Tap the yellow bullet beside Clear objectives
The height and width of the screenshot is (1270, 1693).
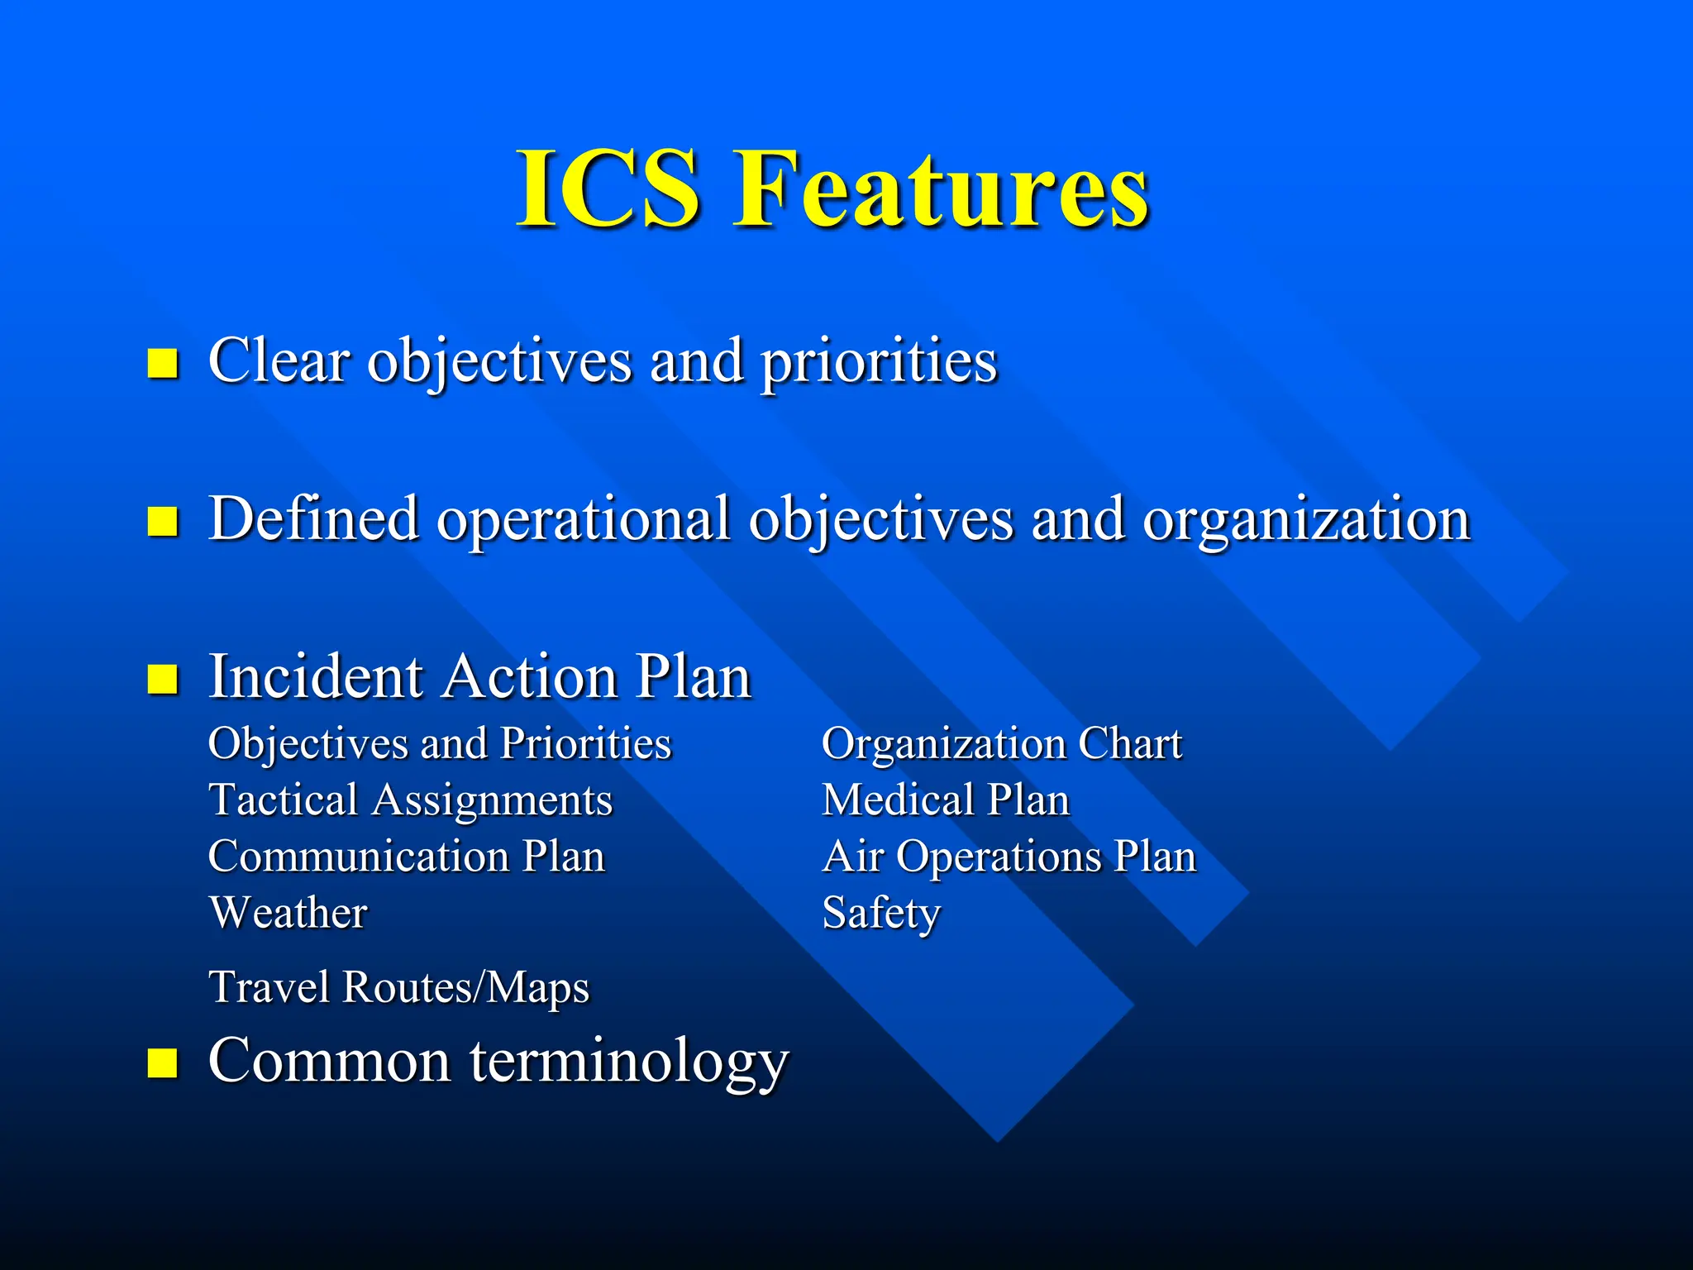(163, 362)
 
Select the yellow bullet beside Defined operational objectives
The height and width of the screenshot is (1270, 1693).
(163, 521)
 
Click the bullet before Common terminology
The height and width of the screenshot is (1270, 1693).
(163, 1062)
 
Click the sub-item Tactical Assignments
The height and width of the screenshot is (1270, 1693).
(411, 800)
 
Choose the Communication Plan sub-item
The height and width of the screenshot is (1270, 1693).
(407, 857)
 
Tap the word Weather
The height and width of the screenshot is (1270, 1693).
(289, 913)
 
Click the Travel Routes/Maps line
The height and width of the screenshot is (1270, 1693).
(399, 987)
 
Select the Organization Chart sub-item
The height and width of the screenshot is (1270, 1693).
(1002, 743)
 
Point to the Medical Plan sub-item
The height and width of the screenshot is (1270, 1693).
(946, 800)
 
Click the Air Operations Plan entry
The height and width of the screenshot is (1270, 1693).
(1009, 857)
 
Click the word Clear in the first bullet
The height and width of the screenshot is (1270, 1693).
(279, 360)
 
